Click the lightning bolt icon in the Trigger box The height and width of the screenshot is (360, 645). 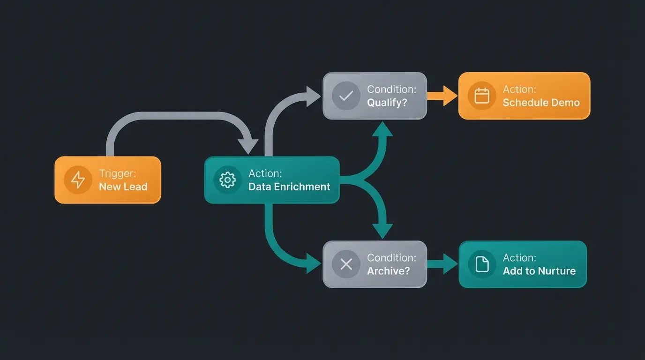coord(78,180)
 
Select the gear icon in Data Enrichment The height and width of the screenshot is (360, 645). coord(227,180)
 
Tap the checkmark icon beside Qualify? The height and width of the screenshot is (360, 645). coord(346,96)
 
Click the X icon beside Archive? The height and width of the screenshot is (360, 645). coord(346,264)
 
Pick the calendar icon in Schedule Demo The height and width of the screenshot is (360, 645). coord(482,96)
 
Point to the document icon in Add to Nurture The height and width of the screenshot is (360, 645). coord(482,264)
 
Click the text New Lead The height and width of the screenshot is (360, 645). coord(123,187)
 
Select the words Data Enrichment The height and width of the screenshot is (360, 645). coord(289,187)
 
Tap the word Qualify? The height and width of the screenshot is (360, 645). coord(387,102)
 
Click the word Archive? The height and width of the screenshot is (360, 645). coord(388,271)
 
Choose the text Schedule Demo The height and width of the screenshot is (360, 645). coord(541,102)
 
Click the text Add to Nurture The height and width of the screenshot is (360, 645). coord(539,271)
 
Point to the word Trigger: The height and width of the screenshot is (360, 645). coord(117,173)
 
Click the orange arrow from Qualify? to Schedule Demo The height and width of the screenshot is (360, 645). coord(442,96)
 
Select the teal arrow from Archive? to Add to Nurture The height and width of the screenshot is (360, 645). coord(442,264)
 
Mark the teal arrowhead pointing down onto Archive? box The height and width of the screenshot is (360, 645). coord(382,230)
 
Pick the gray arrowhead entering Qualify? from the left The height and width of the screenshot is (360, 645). coord(313,96)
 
